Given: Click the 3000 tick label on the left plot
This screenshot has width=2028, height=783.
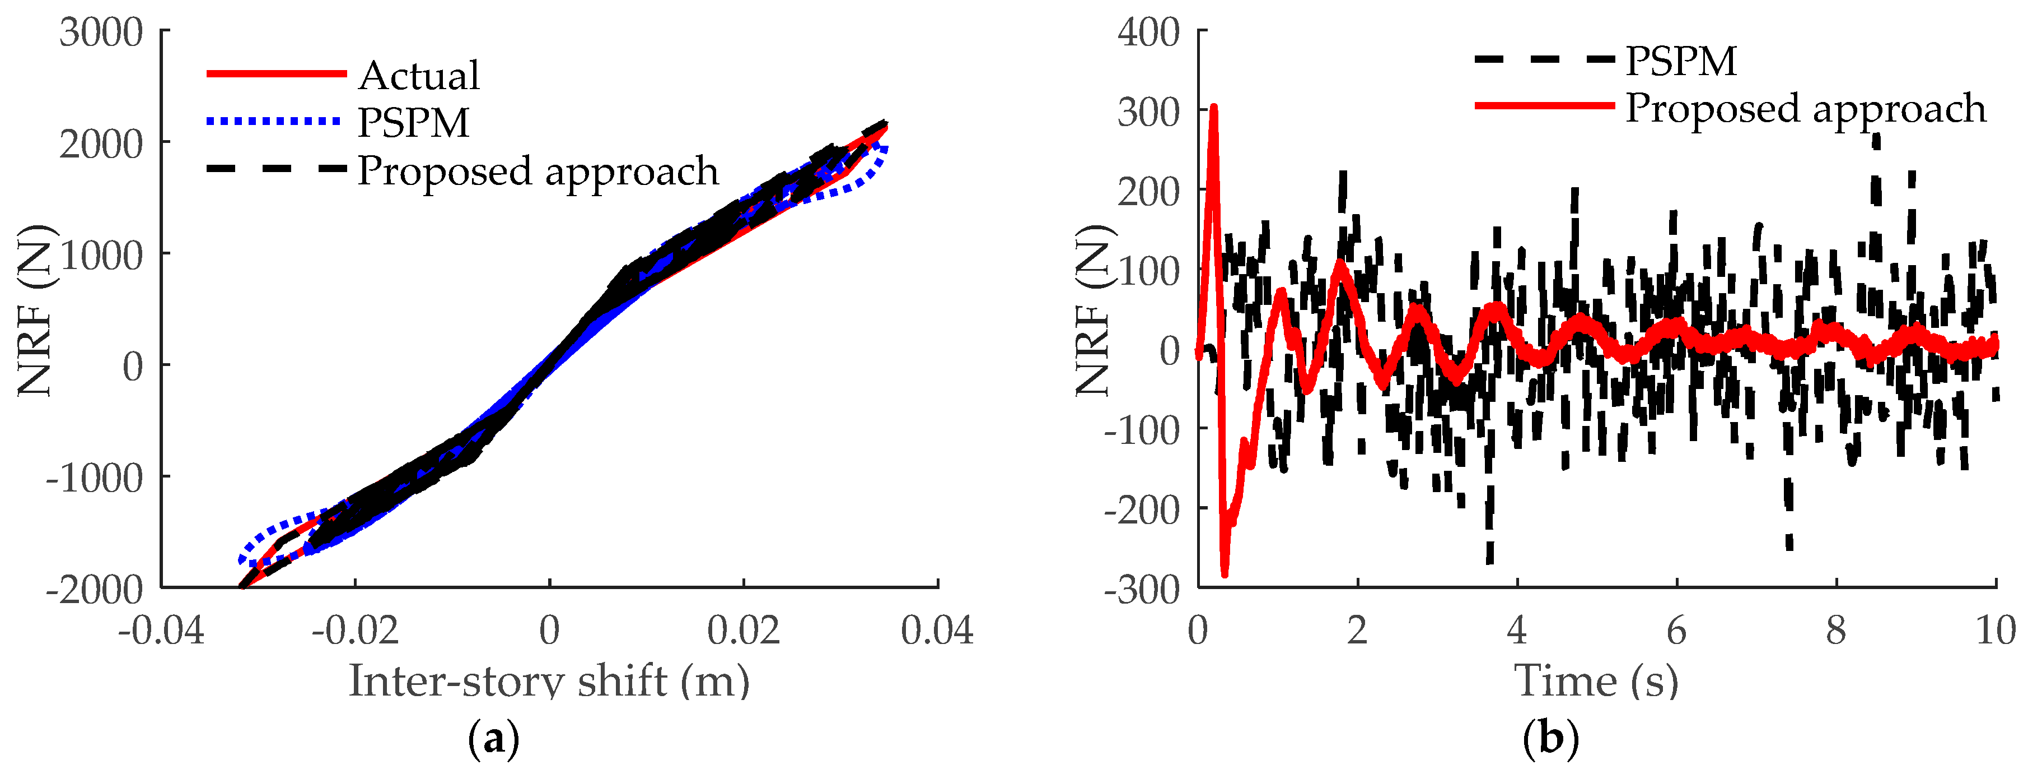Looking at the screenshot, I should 101,33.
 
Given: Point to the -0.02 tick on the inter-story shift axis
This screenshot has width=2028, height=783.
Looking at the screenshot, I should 355,630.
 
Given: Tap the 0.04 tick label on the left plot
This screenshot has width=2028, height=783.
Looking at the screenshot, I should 937,630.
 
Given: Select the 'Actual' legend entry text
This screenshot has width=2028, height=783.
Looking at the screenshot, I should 419,76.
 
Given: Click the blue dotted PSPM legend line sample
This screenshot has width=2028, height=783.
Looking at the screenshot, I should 274,121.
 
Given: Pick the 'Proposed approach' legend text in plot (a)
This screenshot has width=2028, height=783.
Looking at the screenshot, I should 538,171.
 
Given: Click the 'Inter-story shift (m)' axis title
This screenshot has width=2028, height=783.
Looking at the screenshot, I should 549,680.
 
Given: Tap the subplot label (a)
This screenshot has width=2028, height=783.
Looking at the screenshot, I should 494,739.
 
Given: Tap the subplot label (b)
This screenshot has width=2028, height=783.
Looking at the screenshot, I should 1551,739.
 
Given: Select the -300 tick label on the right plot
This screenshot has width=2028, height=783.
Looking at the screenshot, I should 1142,589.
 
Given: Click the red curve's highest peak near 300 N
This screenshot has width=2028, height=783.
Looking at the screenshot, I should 1213,108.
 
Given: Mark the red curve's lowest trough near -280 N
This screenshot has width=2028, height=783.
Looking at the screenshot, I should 1224,573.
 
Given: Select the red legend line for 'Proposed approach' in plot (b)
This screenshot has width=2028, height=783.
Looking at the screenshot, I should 1544,105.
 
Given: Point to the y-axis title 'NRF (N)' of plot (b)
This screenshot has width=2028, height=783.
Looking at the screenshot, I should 1094,311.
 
